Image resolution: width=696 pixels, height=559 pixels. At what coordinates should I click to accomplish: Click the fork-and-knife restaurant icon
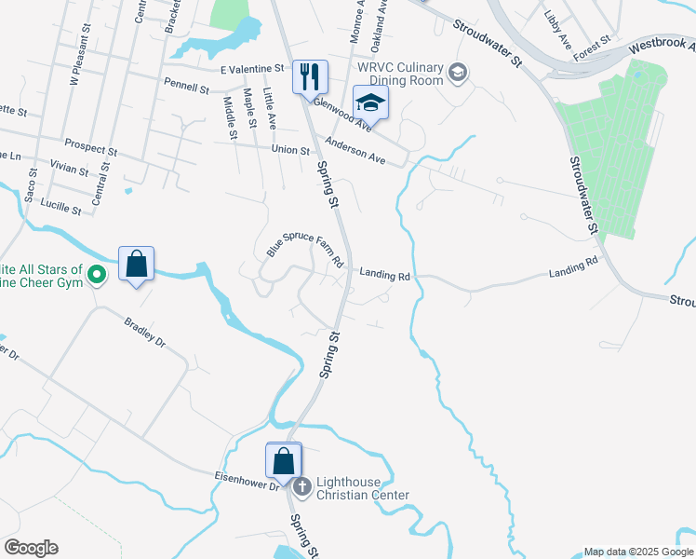coord(310,75)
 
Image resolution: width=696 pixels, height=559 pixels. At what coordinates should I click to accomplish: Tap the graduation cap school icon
coord(369,102)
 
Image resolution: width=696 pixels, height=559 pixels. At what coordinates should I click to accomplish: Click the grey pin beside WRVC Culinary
coord(457,72)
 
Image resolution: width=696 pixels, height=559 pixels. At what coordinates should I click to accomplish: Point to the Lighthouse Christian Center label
coord(362,488)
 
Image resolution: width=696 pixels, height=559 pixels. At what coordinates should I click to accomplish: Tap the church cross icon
coord(301,485)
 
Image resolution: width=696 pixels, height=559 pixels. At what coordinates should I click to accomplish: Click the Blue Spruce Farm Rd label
coord(305,244)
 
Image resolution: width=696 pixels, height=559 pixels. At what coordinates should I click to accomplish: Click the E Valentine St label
coord(252,69)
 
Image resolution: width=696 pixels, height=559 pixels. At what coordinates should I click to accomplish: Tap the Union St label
coord(290,150)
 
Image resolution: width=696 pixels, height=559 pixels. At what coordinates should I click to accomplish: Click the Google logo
coord(31,548)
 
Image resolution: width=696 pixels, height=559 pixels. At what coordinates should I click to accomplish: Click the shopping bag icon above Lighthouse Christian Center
coord(284,459)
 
